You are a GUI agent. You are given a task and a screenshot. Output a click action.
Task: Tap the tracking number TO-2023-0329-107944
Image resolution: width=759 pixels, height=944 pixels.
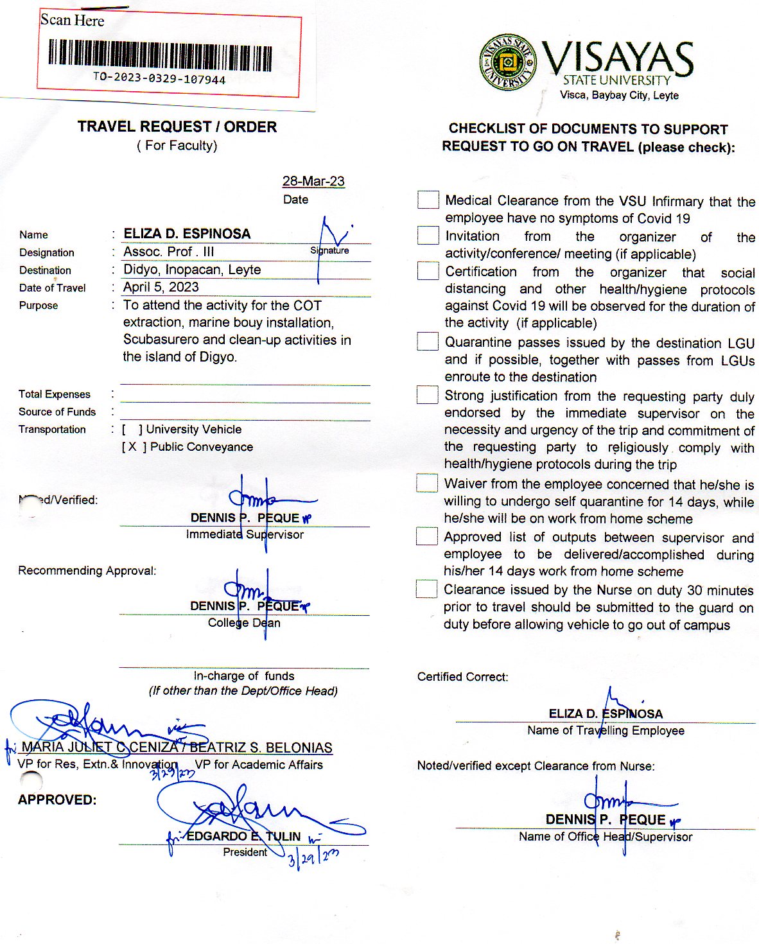coord(159,79)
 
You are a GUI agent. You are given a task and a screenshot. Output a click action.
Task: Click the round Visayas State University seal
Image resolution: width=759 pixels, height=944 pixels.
coord(508,62)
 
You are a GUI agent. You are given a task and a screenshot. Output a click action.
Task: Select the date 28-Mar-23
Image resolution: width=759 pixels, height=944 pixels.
coord(313,181)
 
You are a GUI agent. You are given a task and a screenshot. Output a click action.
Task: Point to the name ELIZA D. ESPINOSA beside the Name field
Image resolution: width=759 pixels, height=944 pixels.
coord(187,234)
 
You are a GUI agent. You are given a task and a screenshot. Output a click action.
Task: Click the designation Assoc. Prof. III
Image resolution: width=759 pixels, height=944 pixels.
coord(169,252)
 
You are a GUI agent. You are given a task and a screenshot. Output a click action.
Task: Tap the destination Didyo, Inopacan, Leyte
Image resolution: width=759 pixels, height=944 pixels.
coord(192,270)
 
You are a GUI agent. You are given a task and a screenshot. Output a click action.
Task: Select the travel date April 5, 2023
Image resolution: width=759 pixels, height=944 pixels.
coord(161,287)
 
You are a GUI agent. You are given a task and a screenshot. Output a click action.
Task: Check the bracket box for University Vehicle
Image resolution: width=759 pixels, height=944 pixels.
coord(132,429)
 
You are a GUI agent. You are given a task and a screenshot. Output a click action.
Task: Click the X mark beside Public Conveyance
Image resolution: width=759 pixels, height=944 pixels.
coord(132,447)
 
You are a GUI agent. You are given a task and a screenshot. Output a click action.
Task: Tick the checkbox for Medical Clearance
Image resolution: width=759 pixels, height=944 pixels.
coord(428,200)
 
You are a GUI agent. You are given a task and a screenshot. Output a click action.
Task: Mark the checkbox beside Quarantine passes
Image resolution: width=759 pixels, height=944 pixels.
coord(428,342)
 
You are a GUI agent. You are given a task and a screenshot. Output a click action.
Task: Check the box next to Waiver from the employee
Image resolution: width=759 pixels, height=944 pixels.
coord(427,483)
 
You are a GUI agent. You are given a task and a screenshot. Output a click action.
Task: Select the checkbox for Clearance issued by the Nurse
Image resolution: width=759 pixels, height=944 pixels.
coord(426,589)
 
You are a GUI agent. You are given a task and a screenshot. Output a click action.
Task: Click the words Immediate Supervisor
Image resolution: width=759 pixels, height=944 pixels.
coord(245,534)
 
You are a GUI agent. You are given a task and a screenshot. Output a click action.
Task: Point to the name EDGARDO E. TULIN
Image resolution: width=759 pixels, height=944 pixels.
coord(243,836)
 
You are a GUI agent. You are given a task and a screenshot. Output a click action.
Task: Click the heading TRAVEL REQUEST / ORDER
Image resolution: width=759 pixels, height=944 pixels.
coord(177,127)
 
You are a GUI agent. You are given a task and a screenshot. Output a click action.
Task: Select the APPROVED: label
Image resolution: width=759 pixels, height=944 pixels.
coord(57,800)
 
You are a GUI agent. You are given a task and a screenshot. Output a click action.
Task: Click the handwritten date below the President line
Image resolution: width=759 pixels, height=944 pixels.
coord(313,858)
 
